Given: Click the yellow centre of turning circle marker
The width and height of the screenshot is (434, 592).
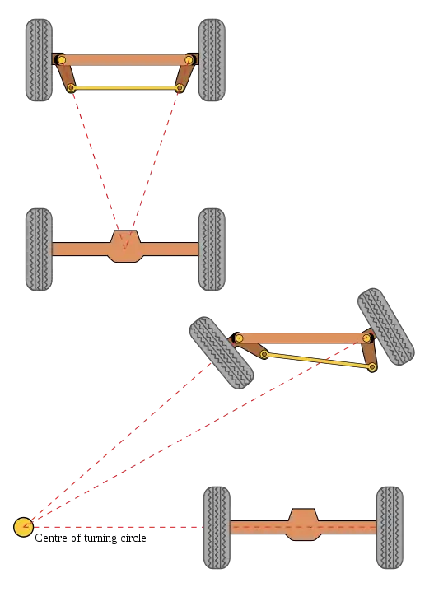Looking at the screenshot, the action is click(23, 527).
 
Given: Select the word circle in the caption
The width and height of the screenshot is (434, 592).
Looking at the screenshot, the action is click(133, 538).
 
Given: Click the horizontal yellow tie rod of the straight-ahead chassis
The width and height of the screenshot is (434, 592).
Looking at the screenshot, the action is click(125, 88).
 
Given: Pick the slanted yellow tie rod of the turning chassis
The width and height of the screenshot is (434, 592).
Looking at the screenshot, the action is click(318, 360).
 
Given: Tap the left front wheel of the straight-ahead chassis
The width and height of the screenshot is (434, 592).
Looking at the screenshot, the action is click(39, 60).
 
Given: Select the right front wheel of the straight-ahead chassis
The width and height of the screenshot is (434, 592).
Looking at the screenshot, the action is click(212, 60).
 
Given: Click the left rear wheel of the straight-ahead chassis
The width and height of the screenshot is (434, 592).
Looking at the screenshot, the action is click(39, 249).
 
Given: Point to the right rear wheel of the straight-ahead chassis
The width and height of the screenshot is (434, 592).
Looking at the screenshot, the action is click(212, 249).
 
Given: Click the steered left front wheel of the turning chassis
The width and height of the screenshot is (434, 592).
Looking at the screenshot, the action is click(222, 353).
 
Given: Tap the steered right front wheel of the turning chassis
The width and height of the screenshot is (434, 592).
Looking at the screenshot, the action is click(385, 327).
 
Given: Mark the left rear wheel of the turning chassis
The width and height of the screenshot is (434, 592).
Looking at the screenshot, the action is click(217, 528).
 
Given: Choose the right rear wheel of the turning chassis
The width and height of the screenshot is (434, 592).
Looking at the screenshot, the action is click(390, 528).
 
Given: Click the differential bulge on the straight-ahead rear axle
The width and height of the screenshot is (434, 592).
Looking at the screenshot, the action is click(125, 246).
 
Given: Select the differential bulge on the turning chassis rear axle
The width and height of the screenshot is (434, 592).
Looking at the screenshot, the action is click(303, 524).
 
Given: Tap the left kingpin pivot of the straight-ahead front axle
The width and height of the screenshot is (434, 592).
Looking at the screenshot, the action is click(61, 60).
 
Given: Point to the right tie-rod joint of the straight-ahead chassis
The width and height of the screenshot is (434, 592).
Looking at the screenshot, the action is click(180, 88).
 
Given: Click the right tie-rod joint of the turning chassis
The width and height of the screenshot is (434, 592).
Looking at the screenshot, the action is click(372, 366).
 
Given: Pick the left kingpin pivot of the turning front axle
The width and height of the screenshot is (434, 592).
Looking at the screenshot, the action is click(239, 338).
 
